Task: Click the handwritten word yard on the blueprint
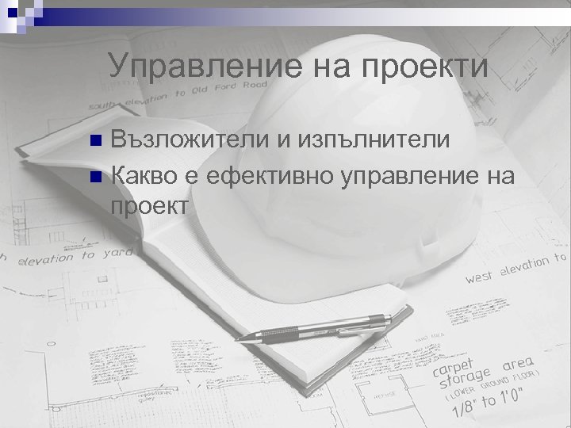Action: [x=117, y=254]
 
